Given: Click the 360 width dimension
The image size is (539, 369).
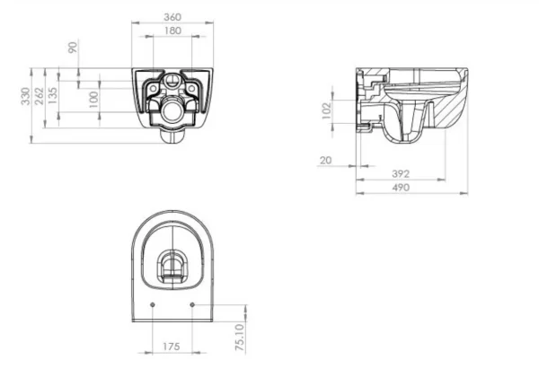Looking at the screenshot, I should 174,17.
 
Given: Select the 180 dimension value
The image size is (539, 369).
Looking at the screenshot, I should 174,31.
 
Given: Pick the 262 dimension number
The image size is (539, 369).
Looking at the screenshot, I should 40,92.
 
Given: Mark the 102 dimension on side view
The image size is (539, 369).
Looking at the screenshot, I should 327,110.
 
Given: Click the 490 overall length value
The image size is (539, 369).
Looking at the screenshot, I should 401,188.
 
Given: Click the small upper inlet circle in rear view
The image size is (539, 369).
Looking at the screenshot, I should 173,85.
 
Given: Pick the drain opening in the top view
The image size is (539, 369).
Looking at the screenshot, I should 173,267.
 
